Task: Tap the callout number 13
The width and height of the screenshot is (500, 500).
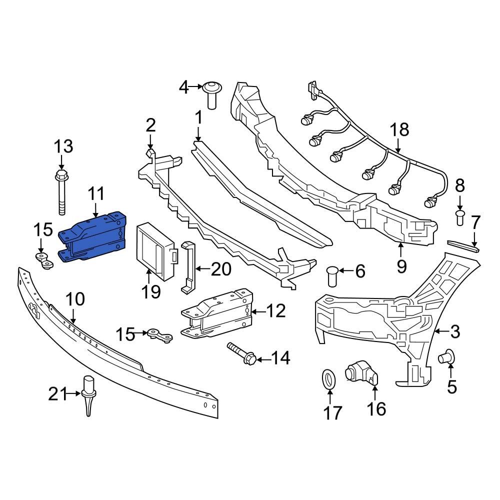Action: tap(63, 146)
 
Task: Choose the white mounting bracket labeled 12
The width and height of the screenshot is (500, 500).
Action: tap(216, 314)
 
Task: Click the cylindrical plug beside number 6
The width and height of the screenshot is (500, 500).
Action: tap(332, 276)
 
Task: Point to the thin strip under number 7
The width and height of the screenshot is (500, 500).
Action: tap(463, 245)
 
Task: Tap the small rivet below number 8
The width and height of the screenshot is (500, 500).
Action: tap(460, 217)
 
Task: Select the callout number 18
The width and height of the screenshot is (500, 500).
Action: tap(399, 130)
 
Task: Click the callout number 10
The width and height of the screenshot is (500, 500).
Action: tap(75, 299)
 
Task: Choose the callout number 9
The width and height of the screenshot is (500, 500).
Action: tap(401, 266)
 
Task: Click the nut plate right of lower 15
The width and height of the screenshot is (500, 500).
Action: tap(160, 335)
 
